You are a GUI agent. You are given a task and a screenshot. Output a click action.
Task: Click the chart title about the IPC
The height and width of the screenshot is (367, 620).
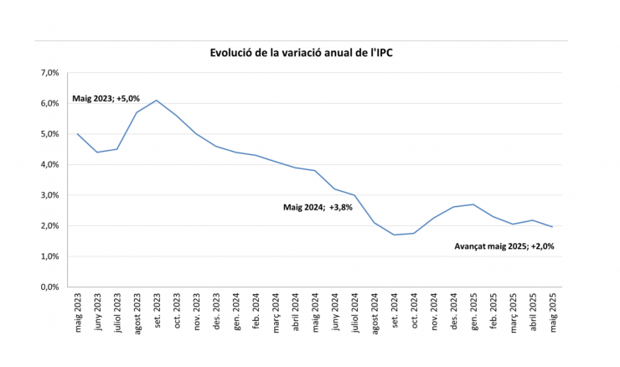(301, 53)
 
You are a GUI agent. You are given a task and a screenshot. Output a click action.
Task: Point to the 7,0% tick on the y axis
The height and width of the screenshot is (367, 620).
(48, 73)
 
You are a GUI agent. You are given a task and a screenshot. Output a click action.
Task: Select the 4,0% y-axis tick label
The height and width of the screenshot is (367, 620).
(48, 164)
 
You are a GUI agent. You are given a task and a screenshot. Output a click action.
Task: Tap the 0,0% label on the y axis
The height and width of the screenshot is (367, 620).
(48, 287)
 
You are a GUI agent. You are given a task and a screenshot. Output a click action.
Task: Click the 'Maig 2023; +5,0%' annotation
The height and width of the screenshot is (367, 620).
(106, 98)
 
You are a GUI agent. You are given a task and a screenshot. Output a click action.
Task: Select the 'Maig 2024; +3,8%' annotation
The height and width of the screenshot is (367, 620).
(318, 205)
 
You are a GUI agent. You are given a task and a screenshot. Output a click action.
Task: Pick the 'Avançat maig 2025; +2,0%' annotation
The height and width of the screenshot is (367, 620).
(504, 246)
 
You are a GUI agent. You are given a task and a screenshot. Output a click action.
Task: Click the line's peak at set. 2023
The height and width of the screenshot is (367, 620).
(157, 101)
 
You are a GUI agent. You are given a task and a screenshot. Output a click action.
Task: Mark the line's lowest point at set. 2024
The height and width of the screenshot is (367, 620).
(395, 235)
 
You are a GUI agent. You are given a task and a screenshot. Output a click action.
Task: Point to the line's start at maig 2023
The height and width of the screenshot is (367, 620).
(77, 134)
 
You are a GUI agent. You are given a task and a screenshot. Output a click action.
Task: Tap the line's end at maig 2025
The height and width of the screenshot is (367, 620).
(552, 226)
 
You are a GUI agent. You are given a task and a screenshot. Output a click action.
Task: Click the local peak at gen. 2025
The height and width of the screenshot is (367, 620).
(473, 204)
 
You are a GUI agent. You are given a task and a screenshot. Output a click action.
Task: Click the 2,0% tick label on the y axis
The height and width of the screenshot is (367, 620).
(48, 225)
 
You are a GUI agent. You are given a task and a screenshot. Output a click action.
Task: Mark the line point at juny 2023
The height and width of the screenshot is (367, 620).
(97, 152)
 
